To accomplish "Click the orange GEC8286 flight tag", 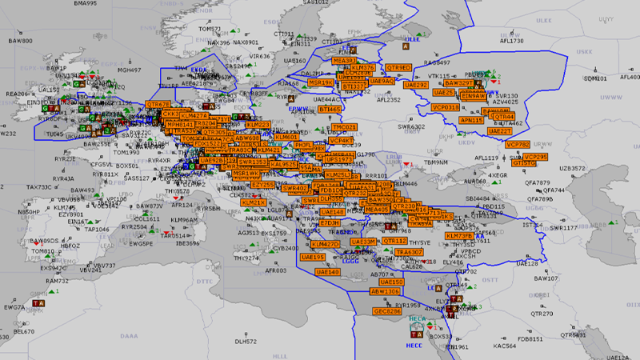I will [x=387, y=310].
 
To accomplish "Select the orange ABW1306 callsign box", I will [x=385, y=292].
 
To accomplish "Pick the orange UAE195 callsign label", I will [x=312, y=258].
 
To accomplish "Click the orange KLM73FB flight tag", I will [x=460, y=237].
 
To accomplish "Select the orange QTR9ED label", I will [x=398, y=67].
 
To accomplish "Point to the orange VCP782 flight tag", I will [x=518, y=145].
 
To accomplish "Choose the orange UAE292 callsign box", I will [x=416, y=84].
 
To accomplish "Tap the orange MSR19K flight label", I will [x=322, y=82].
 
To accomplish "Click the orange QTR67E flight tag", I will [x=158, y=105].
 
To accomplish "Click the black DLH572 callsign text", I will [x=246, y=342].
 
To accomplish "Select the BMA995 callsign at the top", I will [x=86, y=3].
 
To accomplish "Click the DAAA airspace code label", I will [x=129, y=338].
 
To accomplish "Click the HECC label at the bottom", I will [x=414, y=346].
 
